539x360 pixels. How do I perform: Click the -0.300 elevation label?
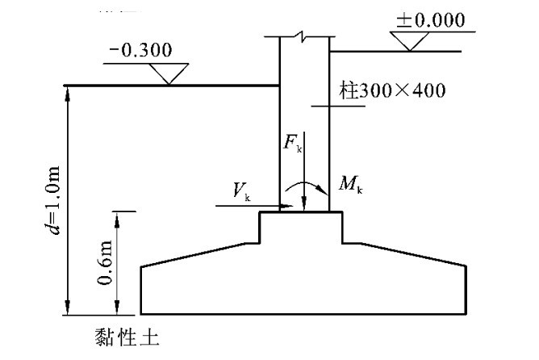(x=140, y=50)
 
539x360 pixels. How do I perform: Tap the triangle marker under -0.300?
(x=169, y=74)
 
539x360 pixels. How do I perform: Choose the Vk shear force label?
(x=241, y=190)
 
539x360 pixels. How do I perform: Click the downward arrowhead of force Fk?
(x=303, y=208)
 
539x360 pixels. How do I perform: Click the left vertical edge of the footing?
(x=142, y=290)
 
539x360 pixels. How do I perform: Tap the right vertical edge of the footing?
(x=466, y=290)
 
